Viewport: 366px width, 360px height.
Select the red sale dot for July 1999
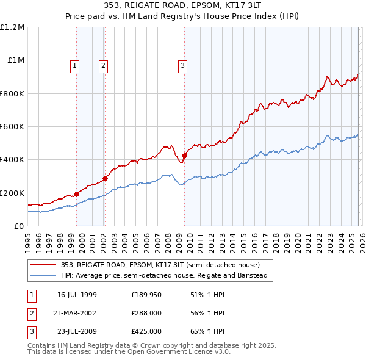pyautogui.click(x=77, y=195)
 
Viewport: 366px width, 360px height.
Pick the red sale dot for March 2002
pyautogui.click(x=105, y=178)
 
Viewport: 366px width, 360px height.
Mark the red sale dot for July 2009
pyautogui.click(x=184, y=156)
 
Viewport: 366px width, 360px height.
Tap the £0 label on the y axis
pyautogui.click(x=18, y=226)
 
